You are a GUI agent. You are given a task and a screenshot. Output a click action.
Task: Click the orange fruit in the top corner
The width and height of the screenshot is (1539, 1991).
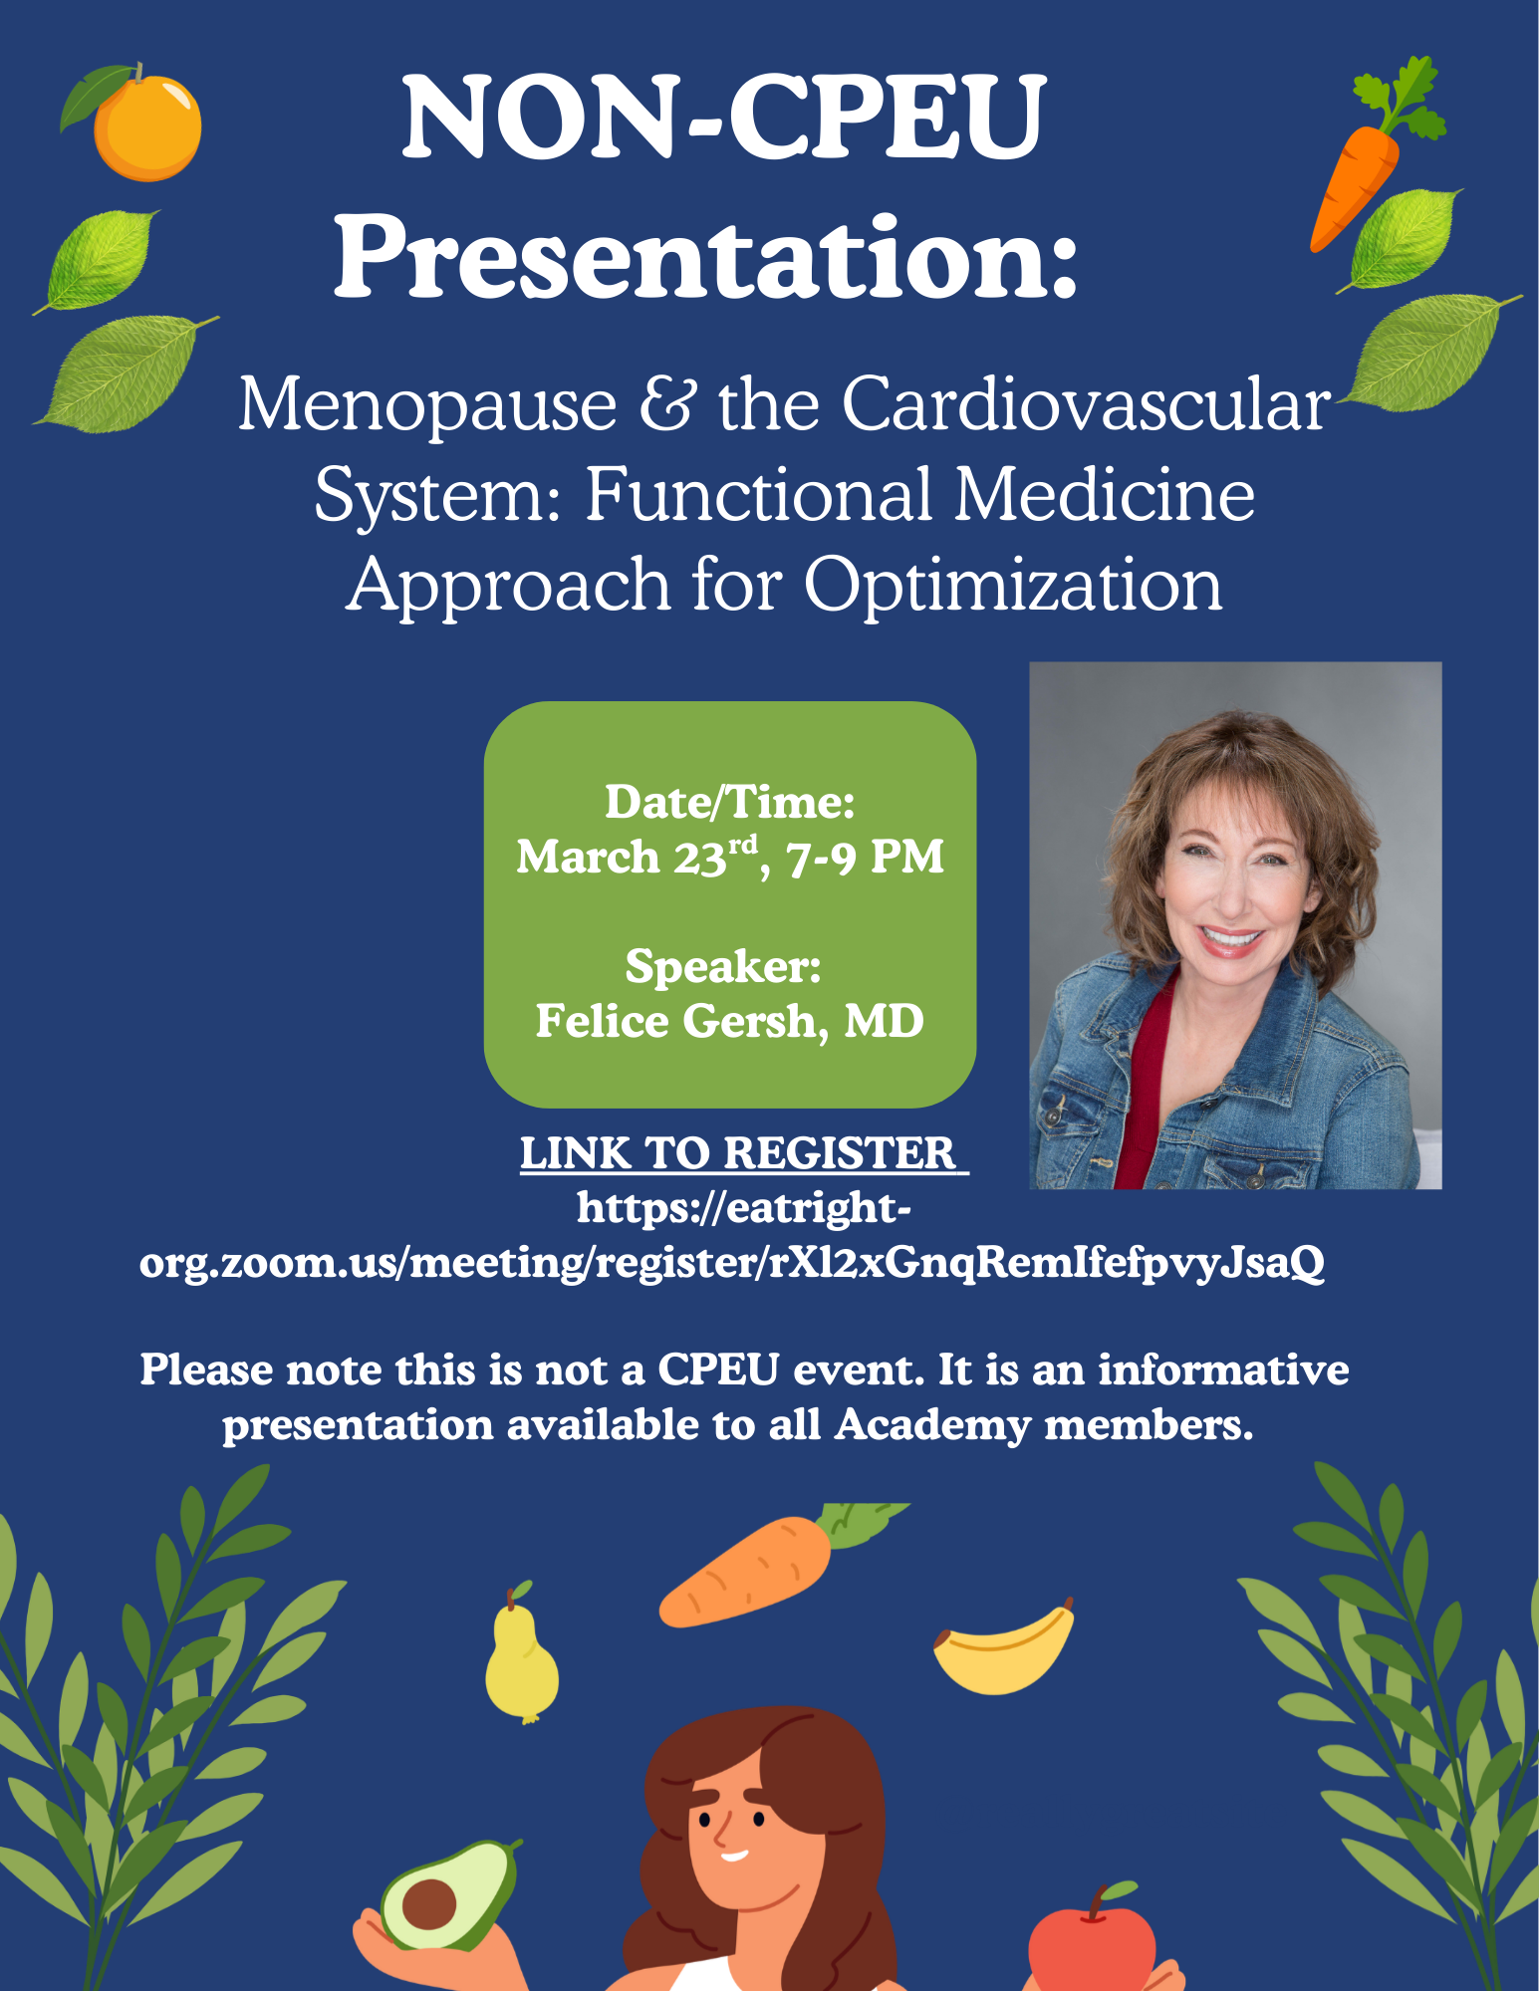pos(146,128)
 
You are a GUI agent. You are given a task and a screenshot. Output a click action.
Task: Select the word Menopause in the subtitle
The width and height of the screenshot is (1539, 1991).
pos(427,405)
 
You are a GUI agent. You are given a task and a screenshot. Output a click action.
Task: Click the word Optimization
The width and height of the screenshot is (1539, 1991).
pos(1012,585)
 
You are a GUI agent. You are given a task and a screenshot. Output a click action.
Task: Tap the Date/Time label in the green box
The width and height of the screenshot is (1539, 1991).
pos(729,803)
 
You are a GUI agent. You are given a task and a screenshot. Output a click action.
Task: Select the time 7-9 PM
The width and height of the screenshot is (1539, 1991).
pos(865,857)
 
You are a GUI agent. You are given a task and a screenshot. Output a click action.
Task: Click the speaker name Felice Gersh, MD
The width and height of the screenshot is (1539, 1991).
pos(729,1021)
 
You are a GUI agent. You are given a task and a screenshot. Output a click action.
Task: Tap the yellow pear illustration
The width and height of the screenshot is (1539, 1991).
pos(520,1658)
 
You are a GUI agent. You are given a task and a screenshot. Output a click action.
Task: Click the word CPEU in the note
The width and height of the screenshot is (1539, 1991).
pos(718,1370)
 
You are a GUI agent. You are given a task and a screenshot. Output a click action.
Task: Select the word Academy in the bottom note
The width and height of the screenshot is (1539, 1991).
pos(932,1425)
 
